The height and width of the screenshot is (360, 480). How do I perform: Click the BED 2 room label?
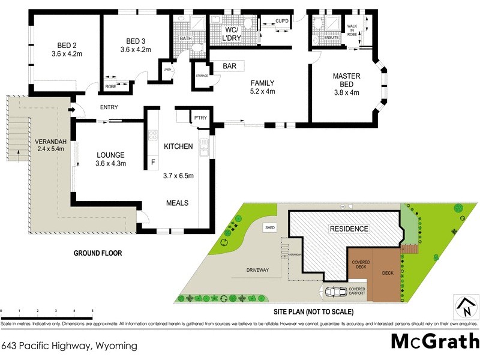tap(66, 46)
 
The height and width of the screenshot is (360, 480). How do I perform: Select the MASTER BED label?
tap(346, 80)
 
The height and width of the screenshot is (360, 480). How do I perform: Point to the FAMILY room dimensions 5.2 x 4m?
tap(262, 92)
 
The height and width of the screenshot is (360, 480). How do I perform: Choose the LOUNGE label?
tap(110, 154)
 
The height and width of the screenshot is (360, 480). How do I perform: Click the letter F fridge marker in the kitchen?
tap(152, 161)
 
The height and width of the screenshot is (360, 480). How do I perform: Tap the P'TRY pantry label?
tap(200, 118)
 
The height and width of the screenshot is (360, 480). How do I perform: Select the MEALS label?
tap(177, 203)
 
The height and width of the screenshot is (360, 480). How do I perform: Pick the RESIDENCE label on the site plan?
tap(348, 229)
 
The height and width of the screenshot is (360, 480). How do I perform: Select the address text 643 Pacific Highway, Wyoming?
tap(70, 346)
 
